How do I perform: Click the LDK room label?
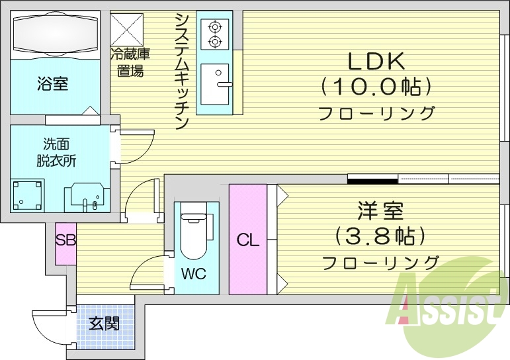click(376, 61)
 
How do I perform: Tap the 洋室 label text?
click(380, 212)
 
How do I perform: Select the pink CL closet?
click(248, 240)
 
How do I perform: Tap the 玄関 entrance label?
click(105, 324)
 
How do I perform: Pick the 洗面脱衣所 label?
click(56, 152)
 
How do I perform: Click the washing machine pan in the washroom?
click(28, 194)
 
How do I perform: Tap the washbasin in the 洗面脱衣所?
click(83, 195)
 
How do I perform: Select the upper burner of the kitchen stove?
click(214, 27)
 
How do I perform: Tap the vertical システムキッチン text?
click(183, 70)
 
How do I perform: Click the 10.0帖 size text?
click(376, 87)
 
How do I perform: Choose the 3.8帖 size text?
click(380, 236)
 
